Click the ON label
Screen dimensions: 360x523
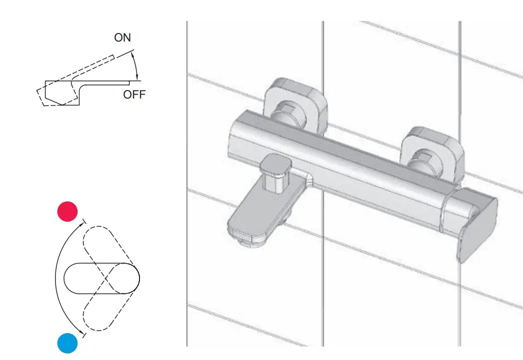[x=122, y=38]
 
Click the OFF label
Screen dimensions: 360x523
[x=134, y=94]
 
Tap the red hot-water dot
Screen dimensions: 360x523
[x=68, y=211]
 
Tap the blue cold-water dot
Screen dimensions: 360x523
[x=67, y=343]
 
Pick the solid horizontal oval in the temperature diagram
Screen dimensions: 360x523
[x=102, y=277]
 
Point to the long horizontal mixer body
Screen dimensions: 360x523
[x=340, y=160]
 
